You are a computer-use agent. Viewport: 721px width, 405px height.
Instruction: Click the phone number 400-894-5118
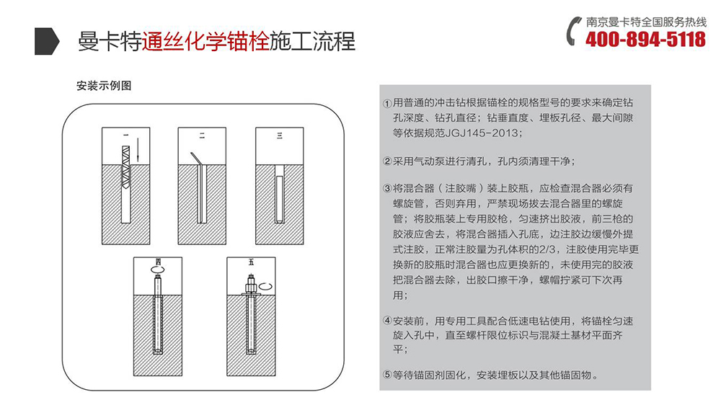coord(645,40)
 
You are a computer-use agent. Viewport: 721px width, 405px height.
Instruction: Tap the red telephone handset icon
coord(574,31)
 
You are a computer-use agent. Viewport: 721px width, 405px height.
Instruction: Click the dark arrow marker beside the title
coord(47,41)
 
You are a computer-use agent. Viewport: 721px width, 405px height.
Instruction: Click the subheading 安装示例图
coord(103,85)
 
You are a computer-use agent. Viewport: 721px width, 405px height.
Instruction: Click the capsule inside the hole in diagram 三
coord(279,194)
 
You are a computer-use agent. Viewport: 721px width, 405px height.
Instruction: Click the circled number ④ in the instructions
coord(387,321)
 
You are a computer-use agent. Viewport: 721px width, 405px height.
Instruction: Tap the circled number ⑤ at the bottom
coord(387,375)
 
